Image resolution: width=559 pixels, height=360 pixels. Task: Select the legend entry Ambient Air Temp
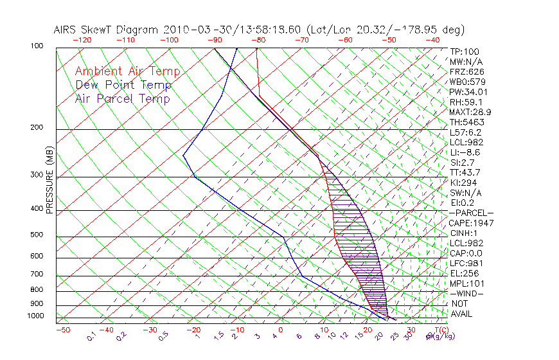pos(127,71)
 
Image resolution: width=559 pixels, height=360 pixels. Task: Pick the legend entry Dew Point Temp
pos(123,85)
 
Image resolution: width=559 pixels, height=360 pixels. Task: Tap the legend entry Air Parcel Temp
pos(122,98)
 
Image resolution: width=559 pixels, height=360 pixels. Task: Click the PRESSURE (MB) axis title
pos(49,179)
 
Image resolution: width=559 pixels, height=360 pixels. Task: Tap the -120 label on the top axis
pos(82,40)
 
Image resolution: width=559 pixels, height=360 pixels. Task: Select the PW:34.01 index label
pos(468,92)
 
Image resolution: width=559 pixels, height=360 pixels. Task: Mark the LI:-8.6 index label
pos(465,152)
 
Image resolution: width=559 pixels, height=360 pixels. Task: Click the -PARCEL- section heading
pos(471,213)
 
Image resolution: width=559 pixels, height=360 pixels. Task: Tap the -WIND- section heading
pos(466,293)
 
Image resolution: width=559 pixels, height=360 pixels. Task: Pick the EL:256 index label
pos(463,273)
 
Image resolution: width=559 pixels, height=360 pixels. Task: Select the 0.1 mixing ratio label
pos(91,336)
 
